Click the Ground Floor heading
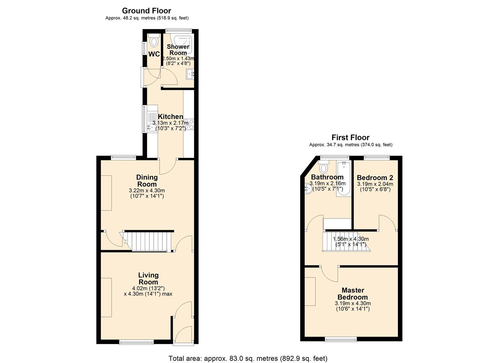point(146,11)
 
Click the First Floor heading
point(350,137)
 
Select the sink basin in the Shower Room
point(190,74)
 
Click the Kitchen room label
point(170,117)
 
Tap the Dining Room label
point(147,180)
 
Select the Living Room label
point(148,279)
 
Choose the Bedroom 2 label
point(375,178)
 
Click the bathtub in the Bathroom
point(343,178)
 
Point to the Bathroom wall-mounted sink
point(308,189)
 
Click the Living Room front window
point(136,342)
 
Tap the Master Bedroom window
point(341,339)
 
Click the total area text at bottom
point(248,358)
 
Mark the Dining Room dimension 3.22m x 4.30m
point(147,191)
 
